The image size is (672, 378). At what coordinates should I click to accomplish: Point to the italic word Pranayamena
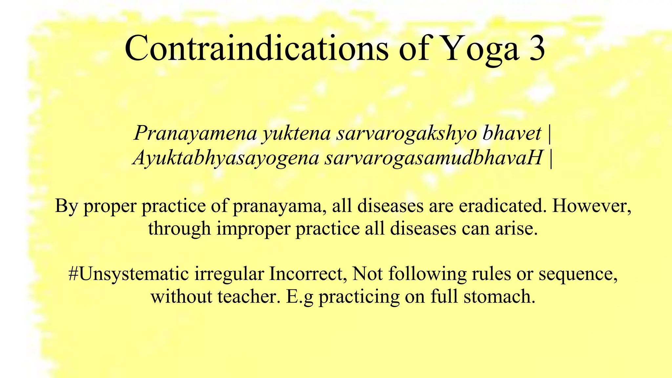195,134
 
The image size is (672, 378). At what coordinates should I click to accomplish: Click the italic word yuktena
296,134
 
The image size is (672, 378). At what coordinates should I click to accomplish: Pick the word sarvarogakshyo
407,134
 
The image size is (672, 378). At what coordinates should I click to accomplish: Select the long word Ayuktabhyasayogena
226,158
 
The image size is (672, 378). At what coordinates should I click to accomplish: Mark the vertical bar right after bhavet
550,134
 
